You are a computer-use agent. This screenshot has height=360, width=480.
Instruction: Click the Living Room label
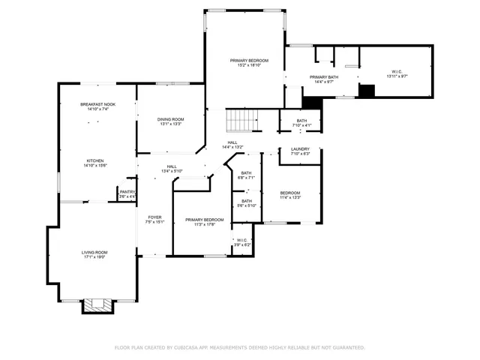tap(94, 253)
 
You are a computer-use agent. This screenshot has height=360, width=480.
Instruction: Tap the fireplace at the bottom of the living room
tap(97, 304)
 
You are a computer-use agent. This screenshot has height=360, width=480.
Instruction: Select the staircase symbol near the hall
tap(241, 118)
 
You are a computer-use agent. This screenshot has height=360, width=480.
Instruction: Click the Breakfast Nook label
tap(97, 104)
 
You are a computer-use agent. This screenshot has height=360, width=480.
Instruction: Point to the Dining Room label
tap(170, 118)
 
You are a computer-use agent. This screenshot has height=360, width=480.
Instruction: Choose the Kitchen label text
tap(94, 160)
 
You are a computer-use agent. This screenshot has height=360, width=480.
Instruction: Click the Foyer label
tap(154, 217)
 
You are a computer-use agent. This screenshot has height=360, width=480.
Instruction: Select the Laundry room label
tap(300, 149)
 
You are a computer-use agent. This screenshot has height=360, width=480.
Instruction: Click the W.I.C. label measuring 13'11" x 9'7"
tap(397, 72)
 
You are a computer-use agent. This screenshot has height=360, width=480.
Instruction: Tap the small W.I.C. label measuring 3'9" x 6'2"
tap(243, 241)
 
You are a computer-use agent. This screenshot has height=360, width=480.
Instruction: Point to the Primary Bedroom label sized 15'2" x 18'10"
tap(249, 60)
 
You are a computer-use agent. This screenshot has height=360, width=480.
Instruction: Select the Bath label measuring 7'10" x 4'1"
tap(301, 121)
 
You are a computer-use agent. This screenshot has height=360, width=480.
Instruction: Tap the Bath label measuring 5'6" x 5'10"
tap(247, 201)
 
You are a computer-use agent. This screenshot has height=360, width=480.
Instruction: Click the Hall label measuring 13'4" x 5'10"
tap(172, 166)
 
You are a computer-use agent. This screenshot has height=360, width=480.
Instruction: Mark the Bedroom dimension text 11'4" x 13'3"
tap(290, 198)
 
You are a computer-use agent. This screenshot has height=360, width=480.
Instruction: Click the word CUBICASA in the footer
tap(184, 348)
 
